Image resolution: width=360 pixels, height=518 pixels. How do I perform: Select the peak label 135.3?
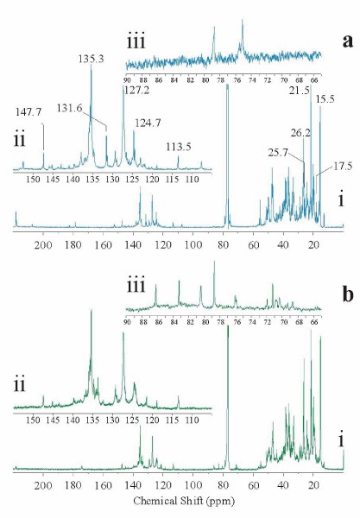coord(91,59)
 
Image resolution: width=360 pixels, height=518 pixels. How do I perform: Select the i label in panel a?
coord(343,200)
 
